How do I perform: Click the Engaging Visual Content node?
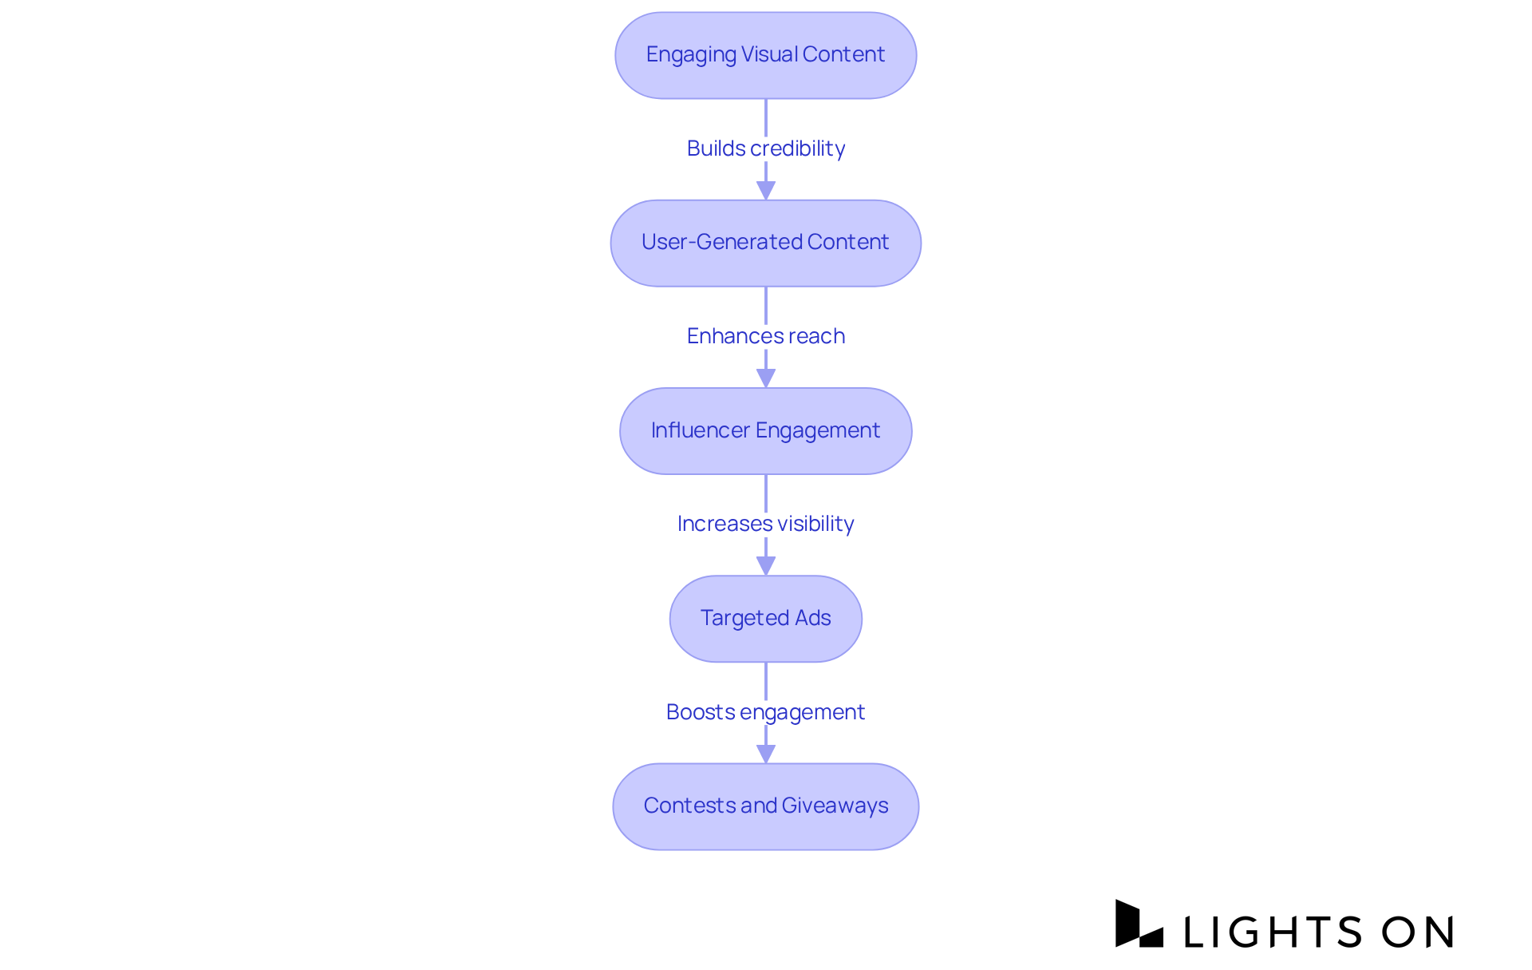765,55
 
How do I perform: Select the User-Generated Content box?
765,243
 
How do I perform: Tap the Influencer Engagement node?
765,431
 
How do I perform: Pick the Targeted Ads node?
765,619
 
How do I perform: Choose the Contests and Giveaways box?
765,806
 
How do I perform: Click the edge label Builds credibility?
765,148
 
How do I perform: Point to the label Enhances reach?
765,336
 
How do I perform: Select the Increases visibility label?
765,524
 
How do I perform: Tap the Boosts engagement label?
765,712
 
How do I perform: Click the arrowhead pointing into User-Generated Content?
765,190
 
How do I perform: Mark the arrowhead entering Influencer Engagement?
765,378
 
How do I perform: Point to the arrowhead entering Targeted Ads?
765,565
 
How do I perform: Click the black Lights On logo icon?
1138,924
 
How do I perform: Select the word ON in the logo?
1418,932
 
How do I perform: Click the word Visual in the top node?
769,54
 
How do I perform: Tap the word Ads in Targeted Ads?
812,618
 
